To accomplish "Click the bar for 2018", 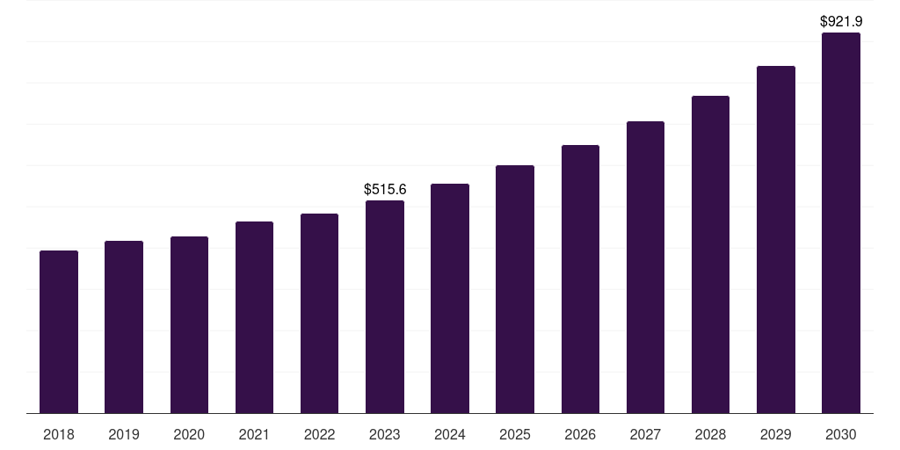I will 59,332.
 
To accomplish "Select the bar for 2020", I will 189,325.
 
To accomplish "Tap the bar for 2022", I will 319,314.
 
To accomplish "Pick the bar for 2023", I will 385,307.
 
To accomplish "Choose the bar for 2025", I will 515,289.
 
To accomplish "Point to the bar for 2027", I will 645,267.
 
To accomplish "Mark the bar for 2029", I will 776,240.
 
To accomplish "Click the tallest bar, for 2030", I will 841,223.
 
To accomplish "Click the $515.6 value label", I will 385,189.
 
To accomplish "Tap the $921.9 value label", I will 841,20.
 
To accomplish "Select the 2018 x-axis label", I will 59,434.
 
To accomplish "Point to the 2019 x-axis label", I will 124,434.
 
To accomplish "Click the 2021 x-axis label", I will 254,434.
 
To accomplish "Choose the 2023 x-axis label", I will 385,434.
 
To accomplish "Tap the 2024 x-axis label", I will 450,434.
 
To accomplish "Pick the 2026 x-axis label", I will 580,434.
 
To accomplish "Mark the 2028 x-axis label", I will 710,434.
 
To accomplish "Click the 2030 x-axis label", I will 841,434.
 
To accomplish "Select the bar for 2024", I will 450,299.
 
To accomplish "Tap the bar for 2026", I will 580,279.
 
